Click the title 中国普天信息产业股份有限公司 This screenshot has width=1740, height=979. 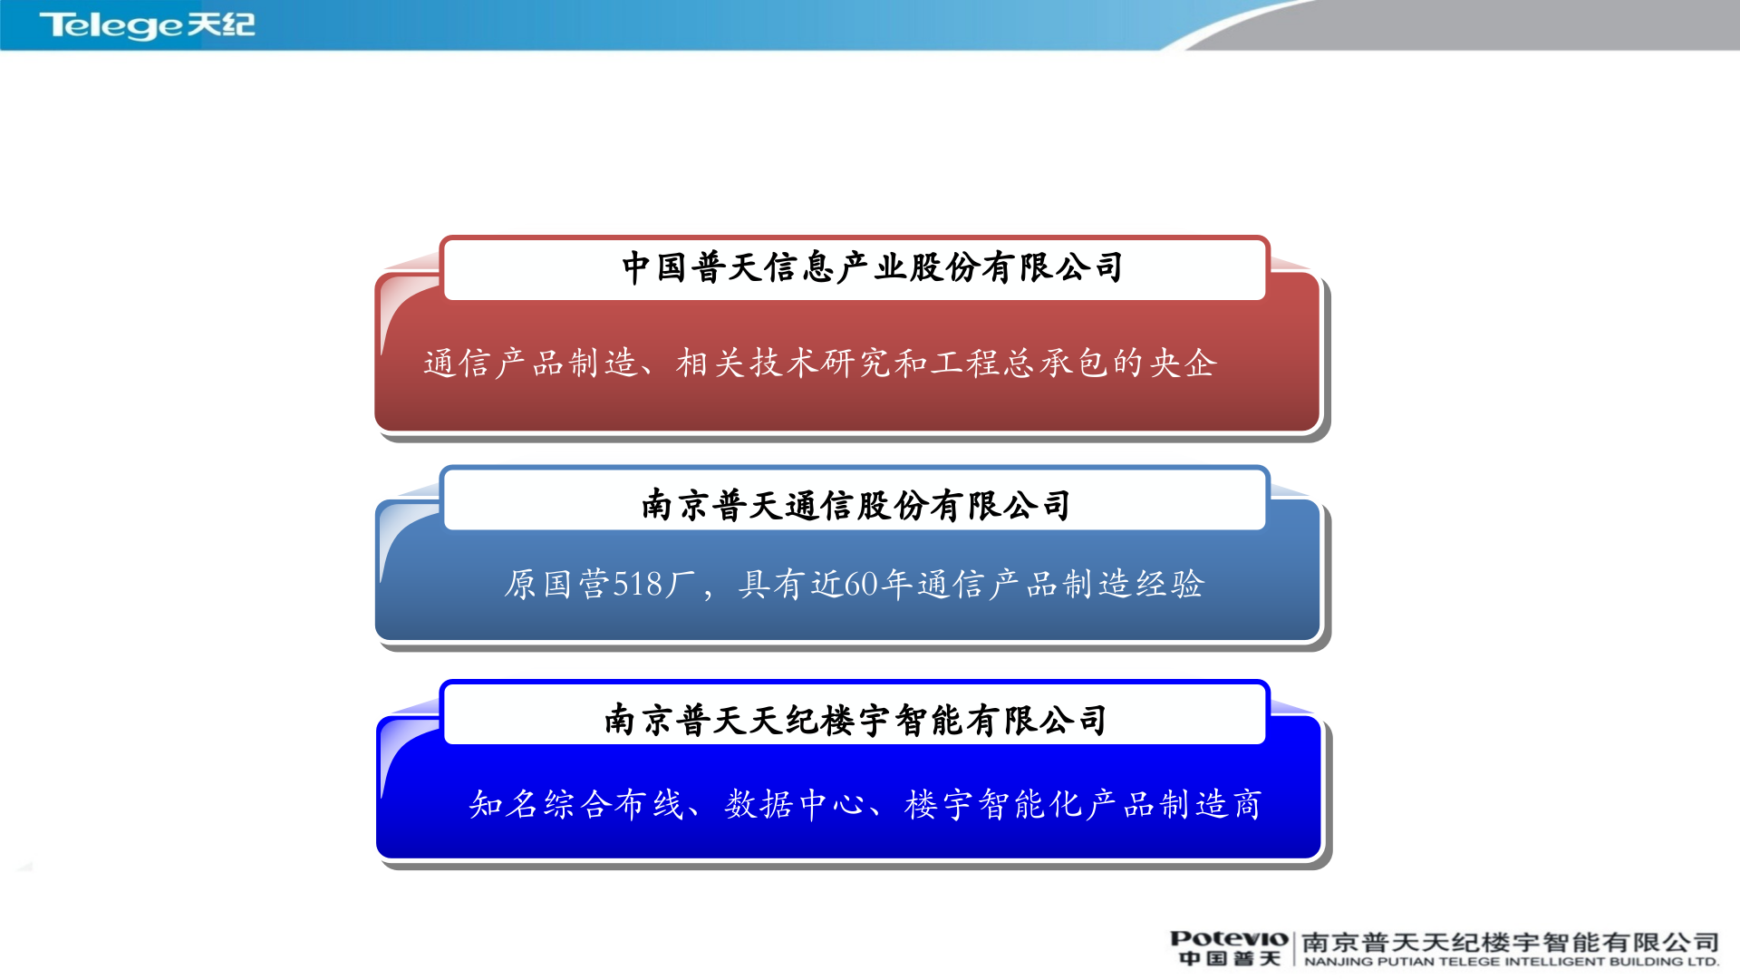click(872, 268)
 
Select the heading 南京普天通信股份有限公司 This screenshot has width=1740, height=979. click(855, 506)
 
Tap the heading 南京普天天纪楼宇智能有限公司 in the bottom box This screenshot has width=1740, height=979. click(855, 721)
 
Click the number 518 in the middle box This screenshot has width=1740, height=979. click(638, 585)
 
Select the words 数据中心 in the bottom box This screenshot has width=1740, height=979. click(795, 804)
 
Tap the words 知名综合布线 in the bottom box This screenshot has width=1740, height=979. click(575, 804)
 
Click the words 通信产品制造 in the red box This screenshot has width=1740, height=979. click(530, 363)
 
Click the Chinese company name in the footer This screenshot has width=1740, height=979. click(1510, 943)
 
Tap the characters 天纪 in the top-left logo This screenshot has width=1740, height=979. click(221, 24)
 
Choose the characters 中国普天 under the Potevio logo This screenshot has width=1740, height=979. click(1228, 959)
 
